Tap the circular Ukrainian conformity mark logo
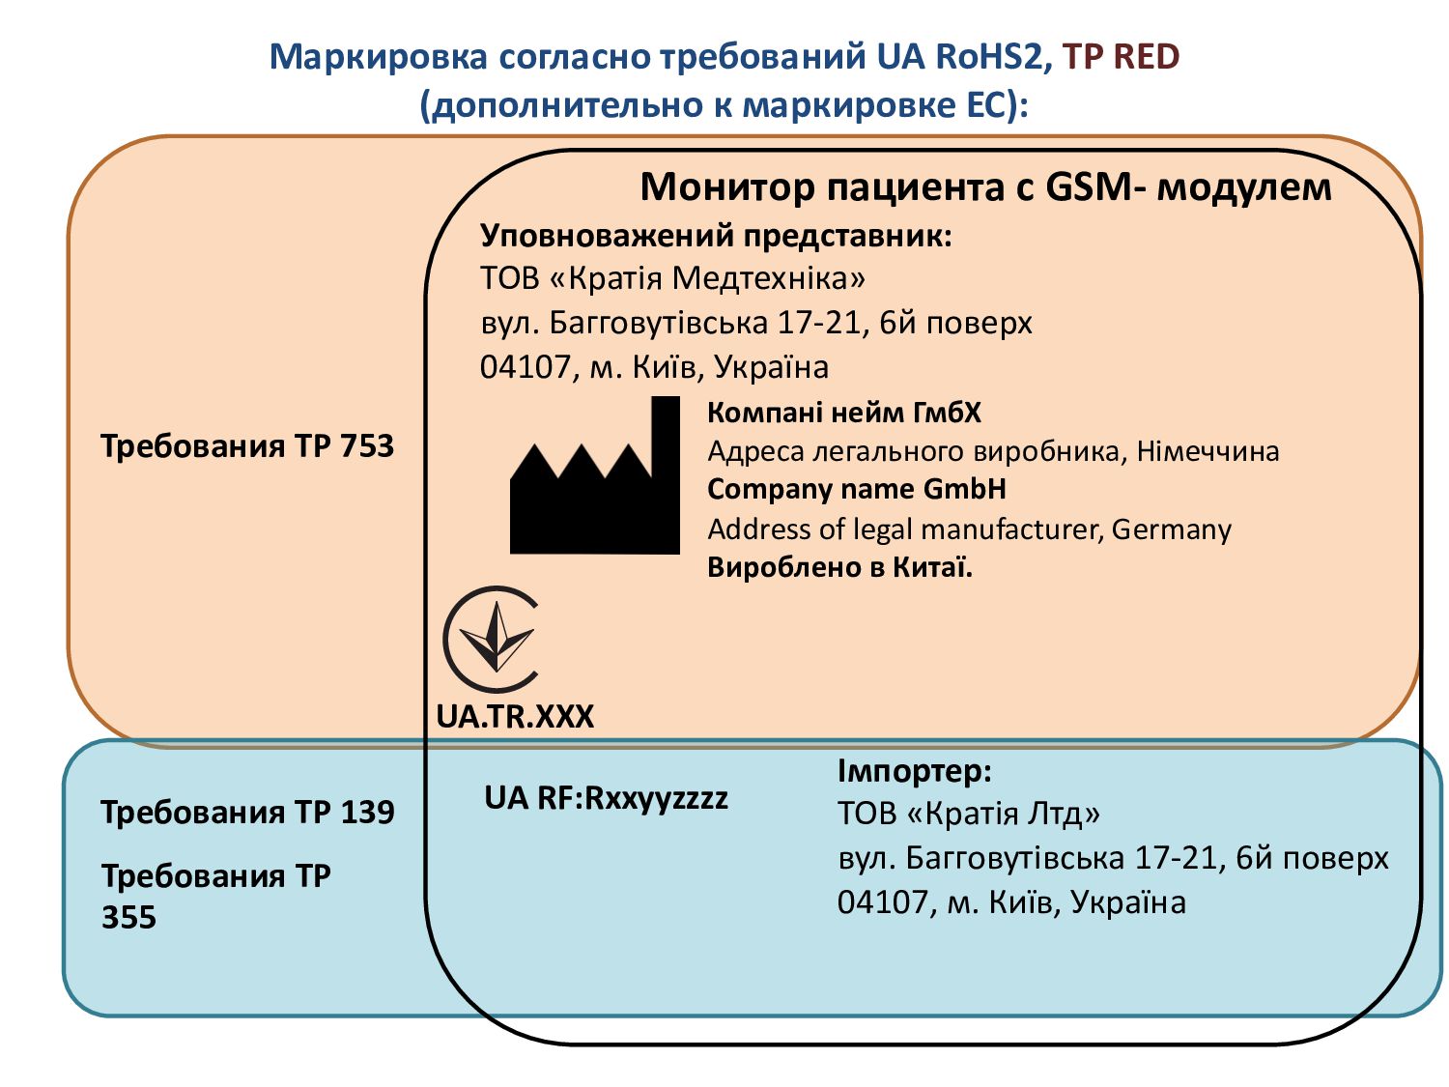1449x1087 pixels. tap(491, 639)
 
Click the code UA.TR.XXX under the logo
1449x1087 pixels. tap(515, 716)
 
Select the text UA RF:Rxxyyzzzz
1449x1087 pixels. tap(606, 798)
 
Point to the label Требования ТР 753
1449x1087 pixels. tap(247, 446)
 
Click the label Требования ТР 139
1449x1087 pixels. tap(247, 812)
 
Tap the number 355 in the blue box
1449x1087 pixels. tap(128, 917)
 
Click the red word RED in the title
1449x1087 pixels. tap(1147, 57)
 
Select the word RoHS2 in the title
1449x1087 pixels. tap(988, 57)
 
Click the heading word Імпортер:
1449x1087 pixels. tap(914, 771)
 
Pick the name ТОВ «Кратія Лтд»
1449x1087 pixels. tap(968, 814)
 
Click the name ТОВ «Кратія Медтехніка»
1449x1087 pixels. tap(672, 278)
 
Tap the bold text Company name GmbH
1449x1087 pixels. tap(857, 489)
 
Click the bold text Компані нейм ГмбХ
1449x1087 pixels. tap(843, 413)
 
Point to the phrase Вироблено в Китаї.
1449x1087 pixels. tap(839, 567)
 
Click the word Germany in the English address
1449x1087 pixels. tap(1171, 529)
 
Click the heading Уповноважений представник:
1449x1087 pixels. tap(716, 236)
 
